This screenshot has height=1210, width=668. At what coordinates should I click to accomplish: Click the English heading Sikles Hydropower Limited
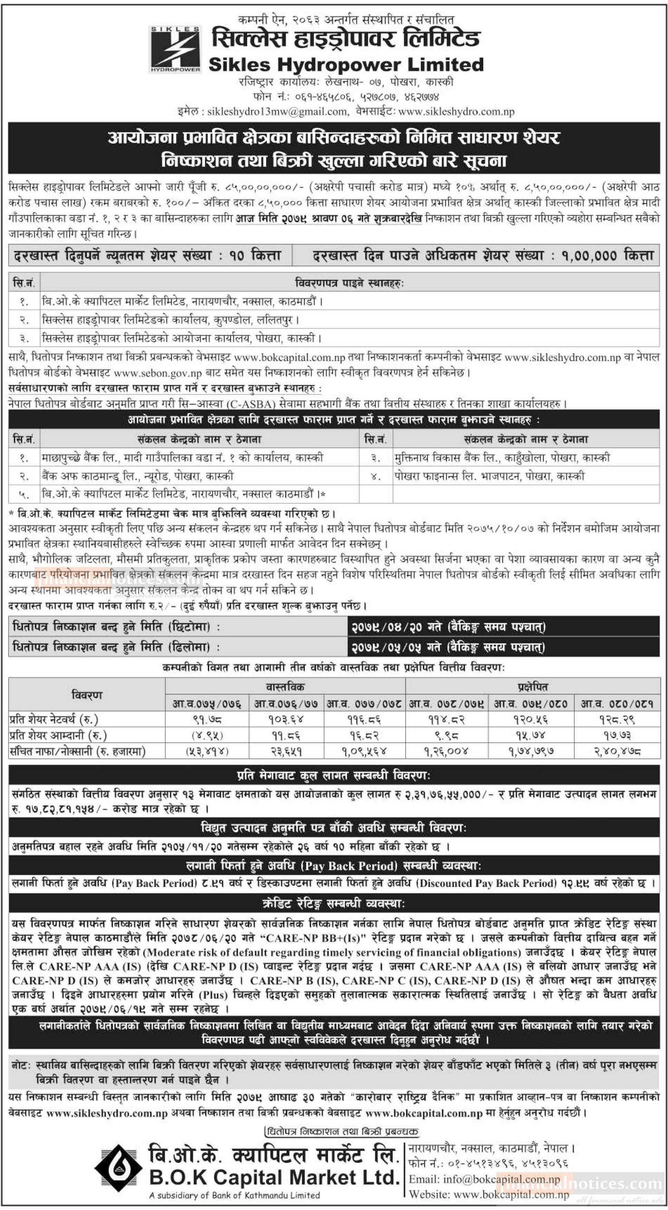[x=346, y=65]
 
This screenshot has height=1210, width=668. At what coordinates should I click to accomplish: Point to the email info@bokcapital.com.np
[x=484, y=1179]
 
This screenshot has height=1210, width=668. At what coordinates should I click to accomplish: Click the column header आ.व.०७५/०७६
[x=206, y=703]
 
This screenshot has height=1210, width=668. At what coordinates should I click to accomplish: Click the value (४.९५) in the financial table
[x=207, y=735]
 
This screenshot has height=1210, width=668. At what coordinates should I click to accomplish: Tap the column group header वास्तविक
[x=285, y=687]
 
